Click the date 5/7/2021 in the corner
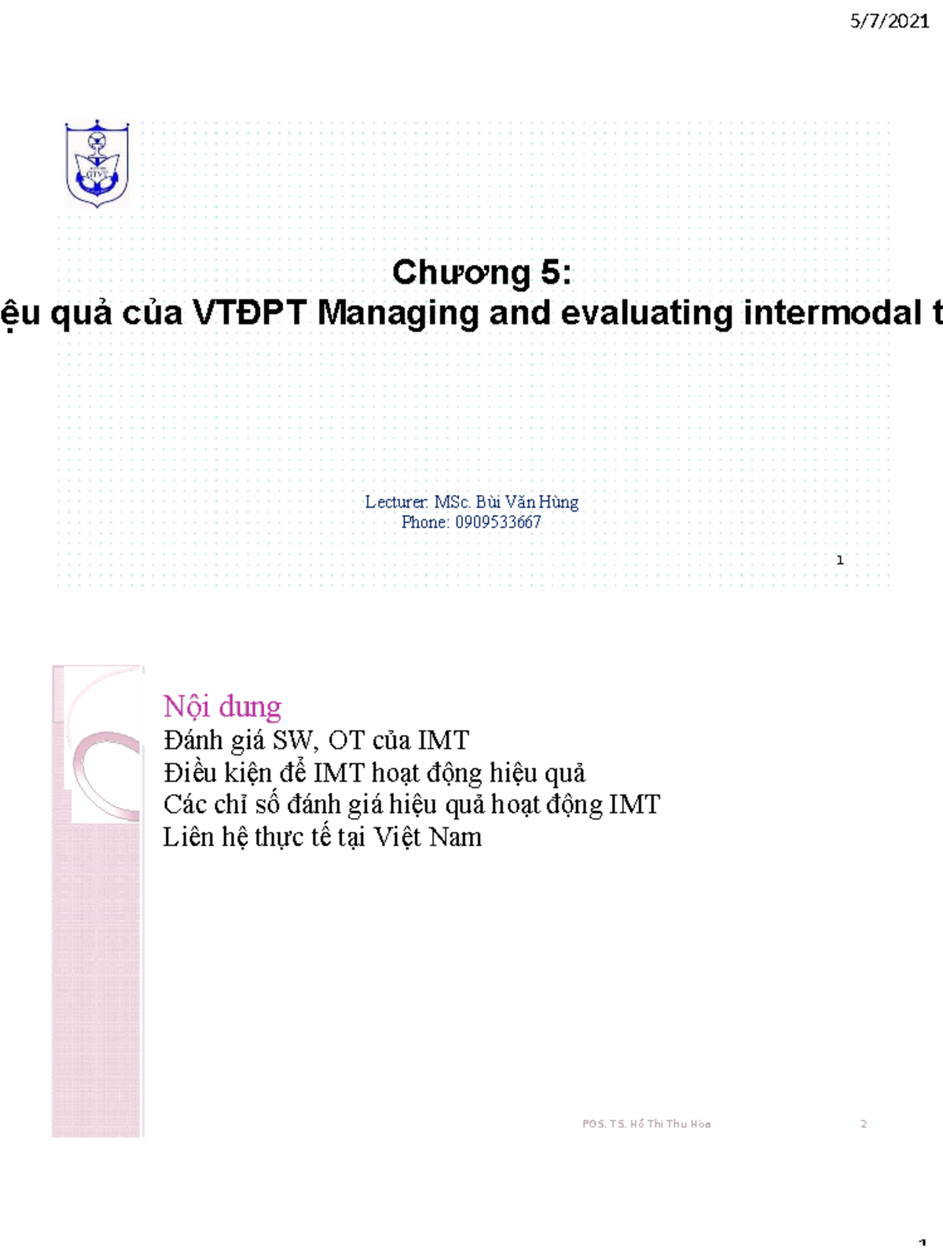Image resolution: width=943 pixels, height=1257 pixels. pyautogui.click(x=890, y=21)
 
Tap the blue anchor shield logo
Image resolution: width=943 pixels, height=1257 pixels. pyautogui.click(x=97, y=163)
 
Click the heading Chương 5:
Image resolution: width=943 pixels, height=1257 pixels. pyautogui.click(x=482, y=273)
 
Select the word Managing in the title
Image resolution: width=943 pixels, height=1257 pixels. pyautogui.click(x=398, y=313)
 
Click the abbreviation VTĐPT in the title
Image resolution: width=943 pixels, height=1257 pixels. pyautogui.click(x=250, y=313)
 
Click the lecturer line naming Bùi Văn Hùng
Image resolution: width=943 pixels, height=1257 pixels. pyautogui.click(x=472, y=502)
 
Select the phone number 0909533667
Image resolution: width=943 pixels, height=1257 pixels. pyautogui.click(x=498, y=522)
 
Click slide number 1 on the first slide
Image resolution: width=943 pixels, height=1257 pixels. pyautogui.click(x=840, y=560)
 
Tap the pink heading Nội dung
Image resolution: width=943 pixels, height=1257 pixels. pyautogui.click(x=222, y=706)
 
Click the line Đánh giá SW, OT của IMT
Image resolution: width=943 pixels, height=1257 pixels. pyautogui.click(x=316, y=740)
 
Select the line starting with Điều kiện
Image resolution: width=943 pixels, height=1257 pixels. pyautogui.click(x=374, y=773)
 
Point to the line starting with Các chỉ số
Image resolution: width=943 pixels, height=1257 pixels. pyautogui.click(x=411, y=804)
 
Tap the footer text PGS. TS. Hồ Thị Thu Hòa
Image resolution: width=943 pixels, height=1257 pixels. pyautogui.click(x=646, y=1123)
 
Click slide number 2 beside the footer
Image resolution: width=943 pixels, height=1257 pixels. pyautogui.click(x=864, y=1123)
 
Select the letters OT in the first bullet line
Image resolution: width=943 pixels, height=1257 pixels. pyautogui.click(x=347, y=740)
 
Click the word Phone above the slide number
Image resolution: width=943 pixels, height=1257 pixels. pyautogui.click(x=424, y=522)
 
